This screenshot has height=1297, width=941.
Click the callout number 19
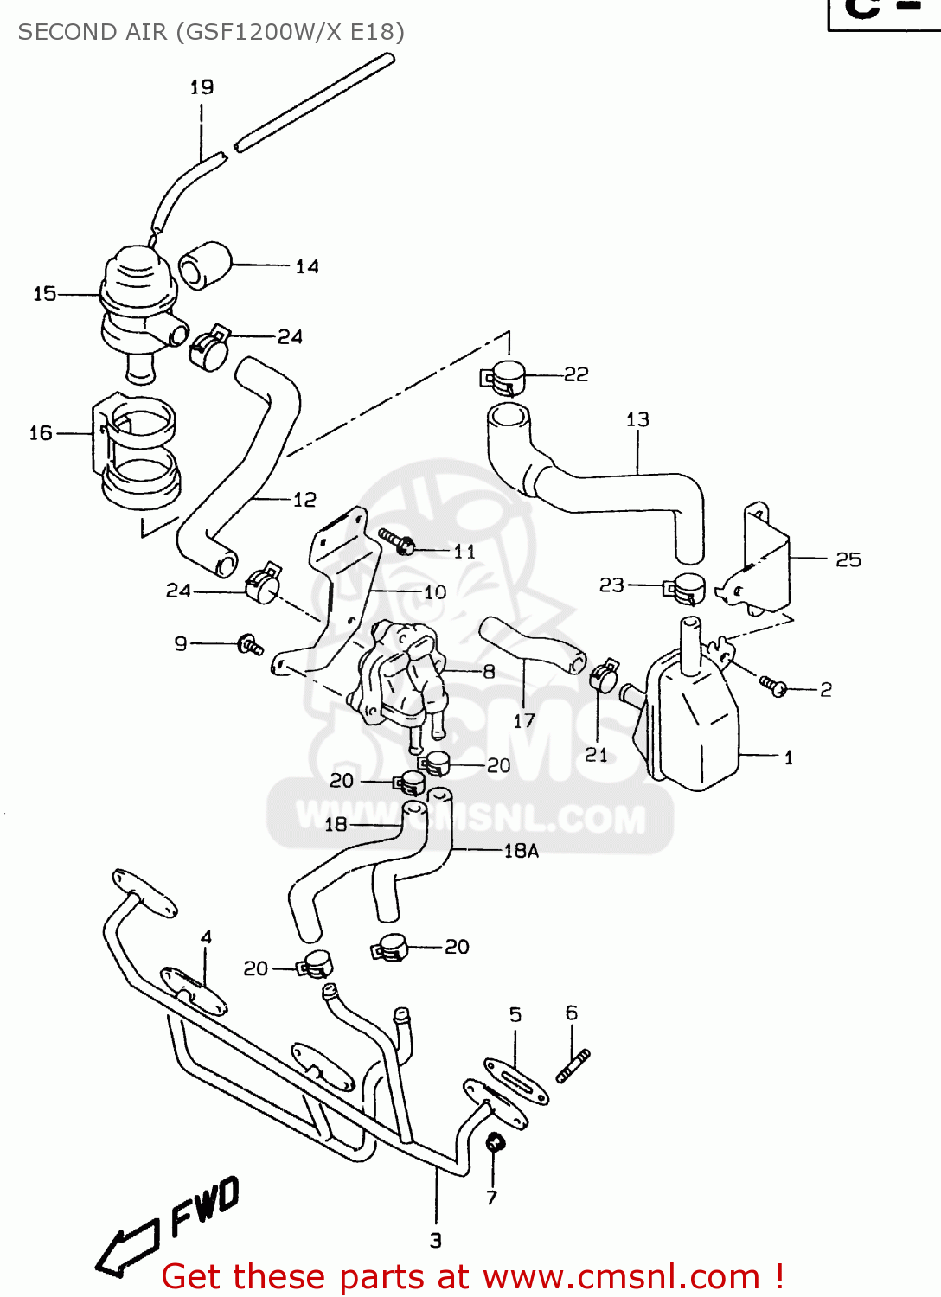coord(202,87)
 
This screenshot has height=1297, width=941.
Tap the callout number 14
coord(307,266)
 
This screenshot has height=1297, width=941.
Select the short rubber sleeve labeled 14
coord(204,265)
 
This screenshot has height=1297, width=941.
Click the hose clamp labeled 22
coord(504,378)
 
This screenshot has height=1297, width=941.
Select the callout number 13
coord(637,419)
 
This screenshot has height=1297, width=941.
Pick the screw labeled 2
coord(772,686)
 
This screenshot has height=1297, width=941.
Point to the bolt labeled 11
coord(397,542)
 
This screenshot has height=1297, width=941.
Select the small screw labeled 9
coord(251,645)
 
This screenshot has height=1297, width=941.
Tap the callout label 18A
coord(521,851)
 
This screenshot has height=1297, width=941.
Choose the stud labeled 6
coord(573,1065)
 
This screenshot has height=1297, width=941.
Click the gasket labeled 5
coord(516,1081)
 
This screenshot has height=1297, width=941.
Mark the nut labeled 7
coord(496,1143)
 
